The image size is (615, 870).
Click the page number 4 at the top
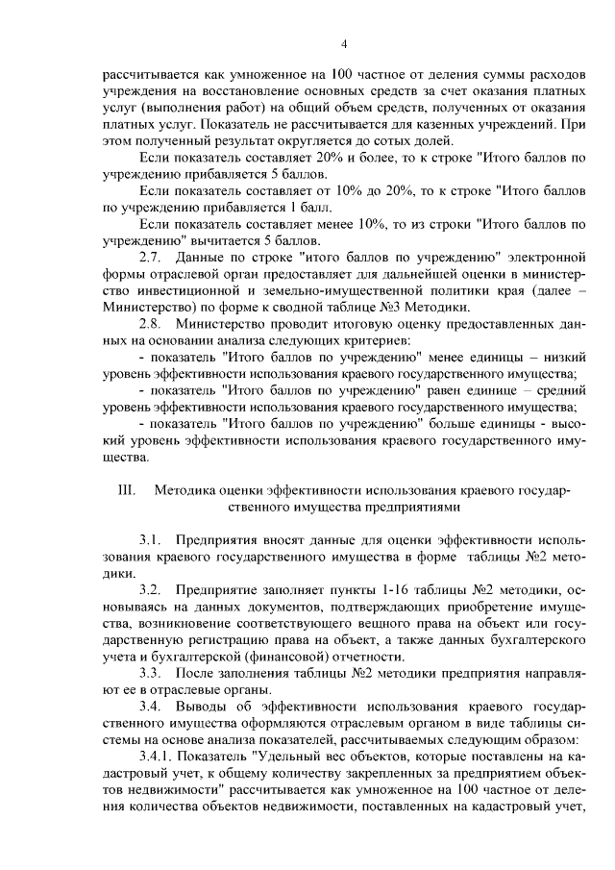[x=343, y=42]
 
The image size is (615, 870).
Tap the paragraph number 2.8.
[x=151, y=324]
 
